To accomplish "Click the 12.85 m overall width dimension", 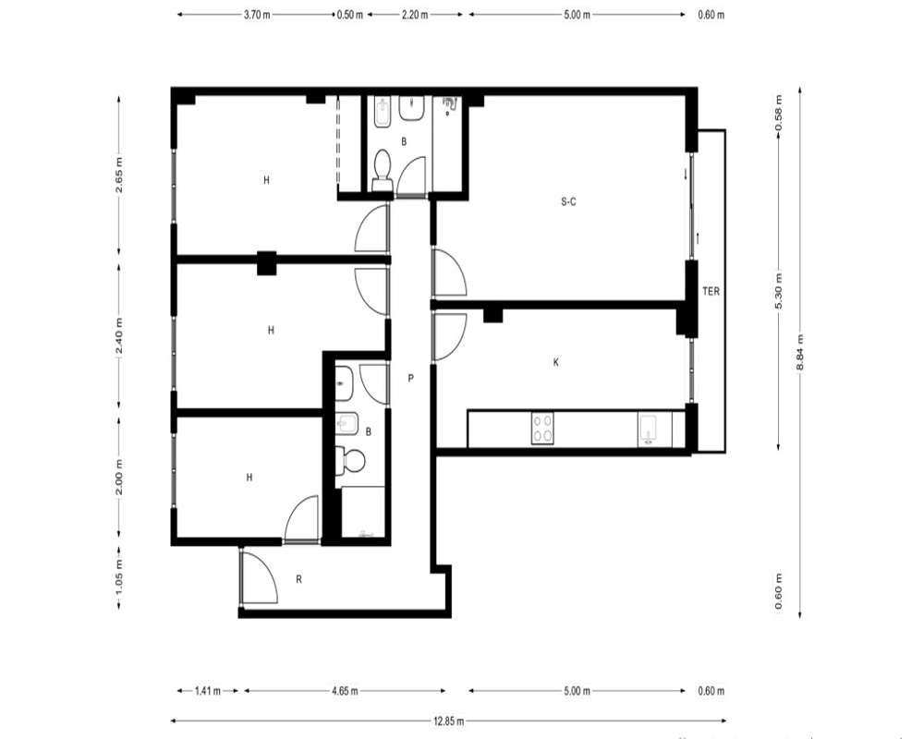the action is [x=448, y=721].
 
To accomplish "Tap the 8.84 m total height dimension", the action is [x=799, y=352].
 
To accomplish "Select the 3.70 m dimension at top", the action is [x=257, y=15].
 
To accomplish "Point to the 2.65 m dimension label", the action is [x=119, y=175].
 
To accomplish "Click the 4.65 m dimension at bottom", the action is [x=345, y=691].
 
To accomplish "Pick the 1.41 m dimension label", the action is [x=207, y=691].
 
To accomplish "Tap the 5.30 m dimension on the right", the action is [x=778, y=291].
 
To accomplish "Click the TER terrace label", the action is [x=711, y=291].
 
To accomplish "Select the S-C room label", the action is [x=568, y=201].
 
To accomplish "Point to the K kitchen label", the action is [x=555, y=362].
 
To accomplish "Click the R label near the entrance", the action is [x=298, y=579].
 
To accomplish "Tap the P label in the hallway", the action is [x=411, y=379].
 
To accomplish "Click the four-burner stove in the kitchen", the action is [x=542, y=429].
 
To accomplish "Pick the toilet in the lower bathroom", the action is [x=349, y=460].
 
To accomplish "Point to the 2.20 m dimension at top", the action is [x=415, y=15].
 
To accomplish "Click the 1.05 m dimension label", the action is [x=119, y=578].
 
